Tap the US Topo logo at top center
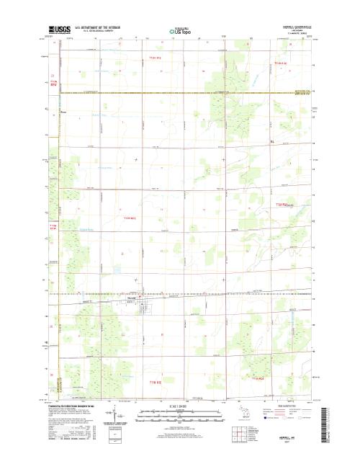click(179, 32)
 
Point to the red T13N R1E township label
click(156, 57)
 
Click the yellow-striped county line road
click(180, 92)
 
